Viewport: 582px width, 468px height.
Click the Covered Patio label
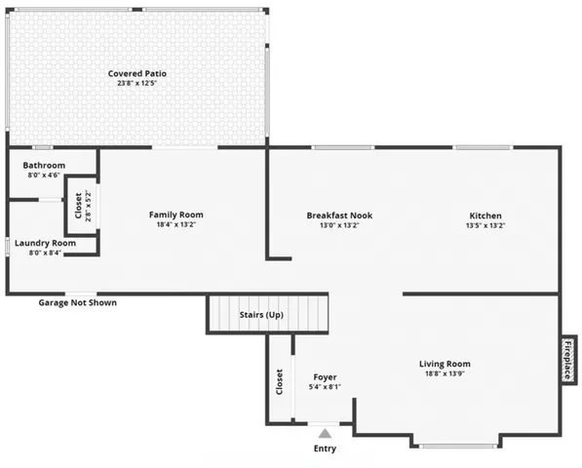pyautogui.click(x=136, y=73)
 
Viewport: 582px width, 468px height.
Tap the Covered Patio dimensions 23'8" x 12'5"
pyautogui.click(x=136, y=83)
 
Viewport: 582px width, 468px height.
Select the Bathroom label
pyautogui.click(x=44, y=166)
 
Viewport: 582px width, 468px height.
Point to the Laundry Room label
pyautogui.click(x=45, y=243)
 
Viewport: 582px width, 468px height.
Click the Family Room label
pyautogui.click(x=176, y=214)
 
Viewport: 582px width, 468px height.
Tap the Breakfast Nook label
pyautogui.click(x=339, y=215)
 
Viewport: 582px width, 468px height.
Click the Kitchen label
pyautogui.click(x=485, y=215)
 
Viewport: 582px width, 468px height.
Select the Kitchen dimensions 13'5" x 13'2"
pyautogui.click(x=485, y=225)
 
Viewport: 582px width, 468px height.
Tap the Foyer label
pyautogui.click(x=325, y=377)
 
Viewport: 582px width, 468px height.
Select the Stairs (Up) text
pyautogui.click(x=262, y=315)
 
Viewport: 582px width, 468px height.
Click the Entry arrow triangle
pyautogui.click(x=325, y=432)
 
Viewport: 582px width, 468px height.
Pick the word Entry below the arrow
pyautogui.click(x=325, y=448)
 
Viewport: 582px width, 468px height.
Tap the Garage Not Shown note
pyautogui.click(x=77, y=302)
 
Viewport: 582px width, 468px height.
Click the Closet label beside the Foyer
pyautogui.click(x=280, y=379)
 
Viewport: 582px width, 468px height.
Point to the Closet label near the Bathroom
pyautogui.click(x=79, y=206)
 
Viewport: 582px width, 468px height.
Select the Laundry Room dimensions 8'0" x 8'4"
pyautogui.click(x=45, y=253)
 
